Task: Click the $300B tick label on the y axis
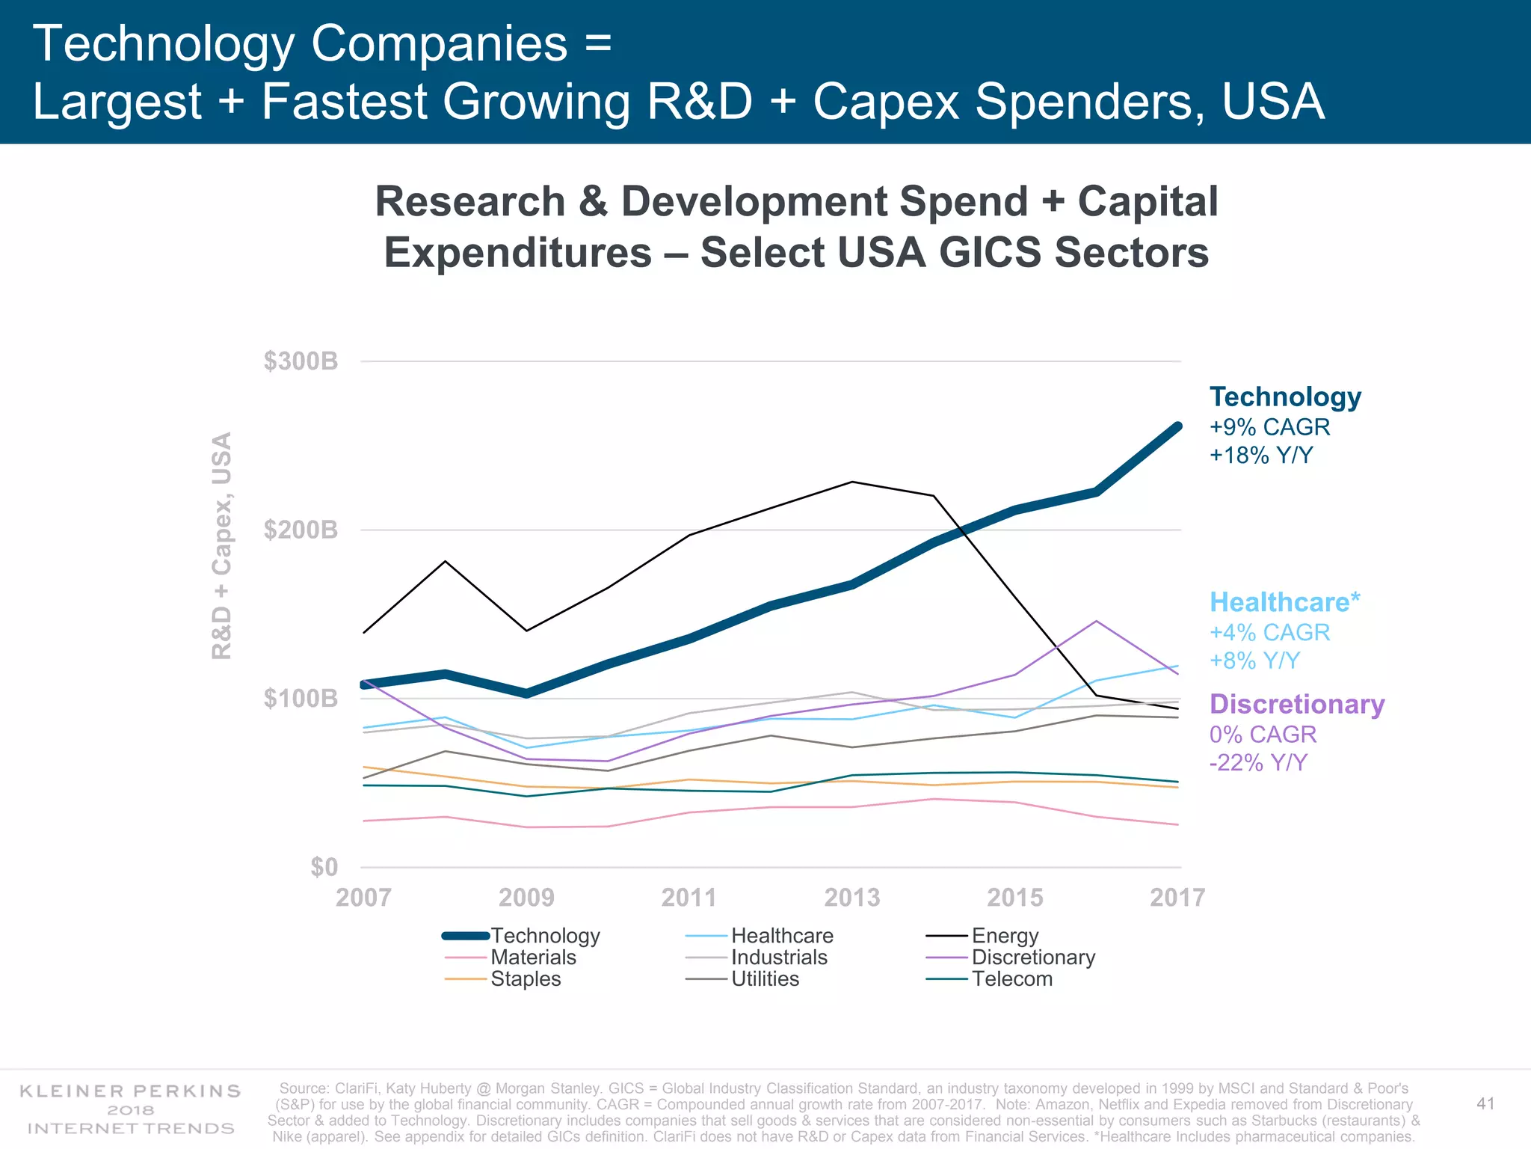click(301, 362)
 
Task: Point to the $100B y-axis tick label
click(301, 699)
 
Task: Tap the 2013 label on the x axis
click(851, 897)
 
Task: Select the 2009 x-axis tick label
click(526, 897)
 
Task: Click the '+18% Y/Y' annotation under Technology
click(1261, 456)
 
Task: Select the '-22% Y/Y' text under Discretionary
click(1259, 763)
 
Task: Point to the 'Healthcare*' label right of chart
click(1284, 602)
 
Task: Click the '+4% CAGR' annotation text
click(1269, 633)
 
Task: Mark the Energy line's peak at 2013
click(852, 482)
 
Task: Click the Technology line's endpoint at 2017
click(1177, 427)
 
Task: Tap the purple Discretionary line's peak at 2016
click(1096, 621)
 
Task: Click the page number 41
click(1485, 1104)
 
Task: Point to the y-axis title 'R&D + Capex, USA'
click(222, 546)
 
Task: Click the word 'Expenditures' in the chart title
click(517, 253)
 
